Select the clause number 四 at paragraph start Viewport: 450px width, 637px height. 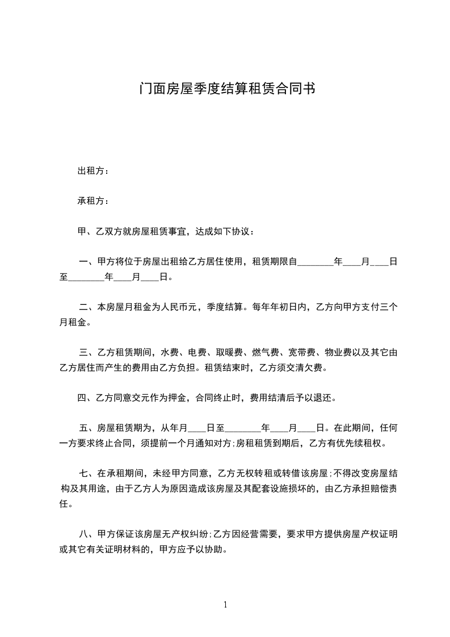coord(81,397)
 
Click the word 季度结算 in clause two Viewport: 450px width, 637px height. coord(224,307)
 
